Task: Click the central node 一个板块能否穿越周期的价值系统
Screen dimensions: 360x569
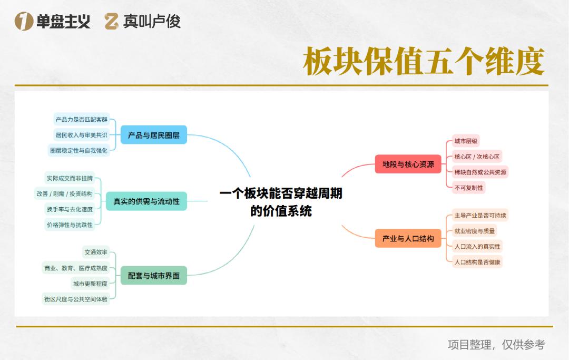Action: point(281,202)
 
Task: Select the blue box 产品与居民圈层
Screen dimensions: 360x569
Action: point(154,135)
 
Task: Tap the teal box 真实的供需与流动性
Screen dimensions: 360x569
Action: point(146,201)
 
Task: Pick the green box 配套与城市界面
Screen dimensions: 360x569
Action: point(154,275)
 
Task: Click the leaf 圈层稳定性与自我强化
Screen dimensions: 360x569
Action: point(79,150)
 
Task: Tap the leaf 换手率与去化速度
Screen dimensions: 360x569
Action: point(70,209)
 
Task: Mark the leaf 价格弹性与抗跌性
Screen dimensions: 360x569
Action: point(70,225)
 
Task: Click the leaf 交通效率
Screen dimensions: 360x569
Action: point(96,252)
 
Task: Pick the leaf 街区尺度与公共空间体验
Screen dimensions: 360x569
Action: point(76,299)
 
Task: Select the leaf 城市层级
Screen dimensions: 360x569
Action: point(466,141)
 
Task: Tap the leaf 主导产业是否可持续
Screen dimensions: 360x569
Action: point(480,216)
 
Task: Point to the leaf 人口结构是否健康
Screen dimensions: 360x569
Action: point(477,261)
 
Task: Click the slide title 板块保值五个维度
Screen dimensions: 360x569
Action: point(424,62)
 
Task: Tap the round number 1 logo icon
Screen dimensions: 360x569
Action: point(24,21)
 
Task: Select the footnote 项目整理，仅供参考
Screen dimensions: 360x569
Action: point(496,345)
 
